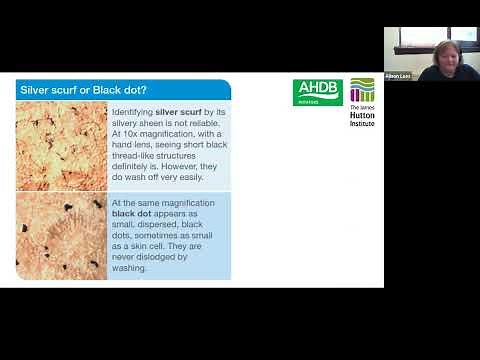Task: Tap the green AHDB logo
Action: tap(317, 93)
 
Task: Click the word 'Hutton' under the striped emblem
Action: tap(363, 116)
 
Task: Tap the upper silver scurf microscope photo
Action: tap(61, 145)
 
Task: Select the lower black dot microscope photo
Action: tap(61, 236)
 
